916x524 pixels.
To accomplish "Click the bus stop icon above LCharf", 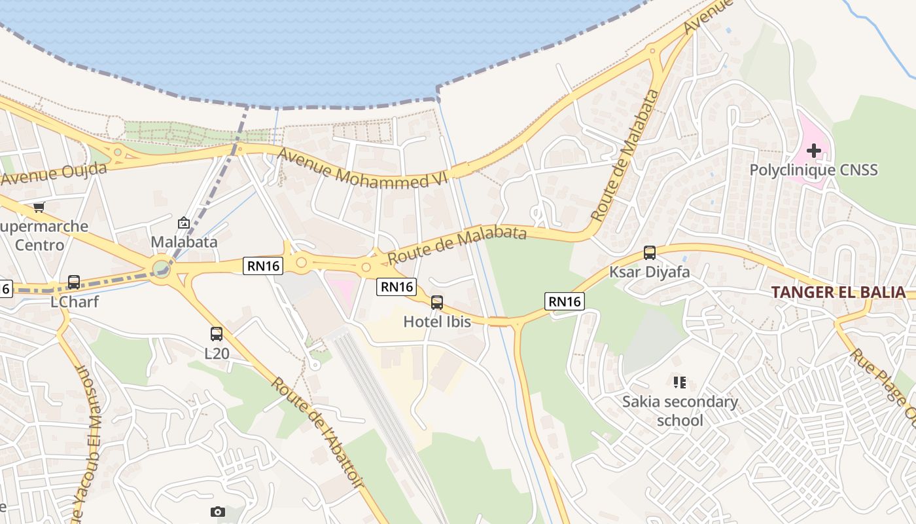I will point(74,282).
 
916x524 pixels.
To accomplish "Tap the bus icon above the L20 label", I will point(217,334).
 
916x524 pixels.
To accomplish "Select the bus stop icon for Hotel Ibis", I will point(437,302).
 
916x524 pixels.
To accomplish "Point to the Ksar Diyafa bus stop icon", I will point(650,252).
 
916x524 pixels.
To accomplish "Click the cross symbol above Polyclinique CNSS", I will point(813,151).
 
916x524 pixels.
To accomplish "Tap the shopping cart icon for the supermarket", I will point(39,207).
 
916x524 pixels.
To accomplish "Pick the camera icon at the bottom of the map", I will point(218,512).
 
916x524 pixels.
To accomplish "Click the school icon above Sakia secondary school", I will point(679,382).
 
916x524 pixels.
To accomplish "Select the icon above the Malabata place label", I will point(184,223).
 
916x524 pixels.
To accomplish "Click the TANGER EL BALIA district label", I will point(838,292).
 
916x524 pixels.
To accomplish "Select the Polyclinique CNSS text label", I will point(813,170).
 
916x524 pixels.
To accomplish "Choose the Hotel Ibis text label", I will point(437,322).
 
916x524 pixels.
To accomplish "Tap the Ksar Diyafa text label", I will point(650,271).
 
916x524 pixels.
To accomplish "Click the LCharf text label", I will point(75,302).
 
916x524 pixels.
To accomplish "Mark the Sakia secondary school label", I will point(680,411).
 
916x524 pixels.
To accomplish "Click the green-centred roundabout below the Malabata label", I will point(161,267).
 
